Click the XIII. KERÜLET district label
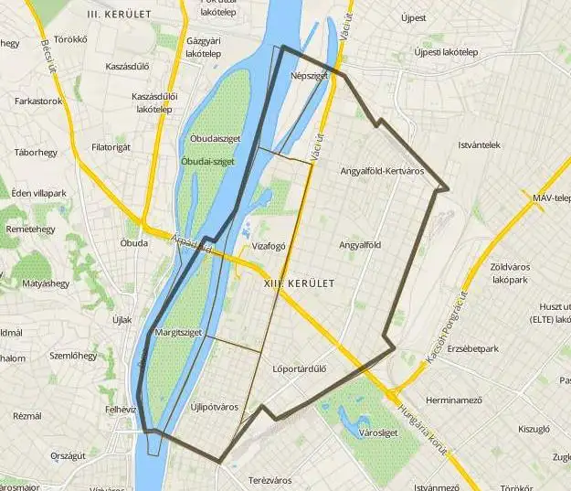(x=298, y=283)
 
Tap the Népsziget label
(x=309, y=76)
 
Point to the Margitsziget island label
(x=177, y=332)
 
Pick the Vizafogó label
(x=270, y=246)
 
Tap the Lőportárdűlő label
(x=300, y=369)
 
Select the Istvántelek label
(x=479, y=144)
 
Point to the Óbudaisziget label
(x=215, y=138)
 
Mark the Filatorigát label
(x=111, y=146)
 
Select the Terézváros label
(x=270, y=480)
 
